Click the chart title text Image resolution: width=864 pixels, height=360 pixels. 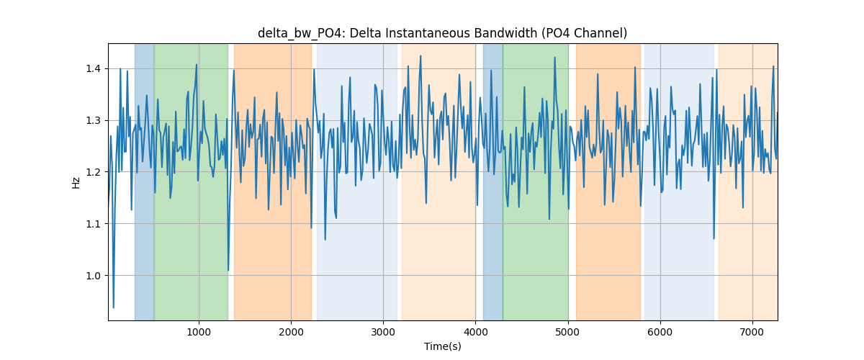tap(442, 33)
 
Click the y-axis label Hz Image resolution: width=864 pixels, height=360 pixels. tap(76, 183)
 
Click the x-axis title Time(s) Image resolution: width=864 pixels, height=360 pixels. tap(442, 346)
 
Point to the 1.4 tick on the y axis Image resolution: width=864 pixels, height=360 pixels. tap(93, 68)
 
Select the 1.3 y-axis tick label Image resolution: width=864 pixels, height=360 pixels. tap(93, 120)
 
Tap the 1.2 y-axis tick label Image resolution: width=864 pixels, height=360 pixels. tap(93, 172)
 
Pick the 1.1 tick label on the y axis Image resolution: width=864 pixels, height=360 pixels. tap(93, 224)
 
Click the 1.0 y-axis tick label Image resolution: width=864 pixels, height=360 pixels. tap(93, 276)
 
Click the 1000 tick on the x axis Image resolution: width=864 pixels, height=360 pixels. tap(199, 332)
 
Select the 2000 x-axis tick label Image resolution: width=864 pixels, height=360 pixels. tap(291, 332)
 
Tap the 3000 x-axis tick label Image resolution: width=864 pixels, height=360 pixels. tap(383, 332)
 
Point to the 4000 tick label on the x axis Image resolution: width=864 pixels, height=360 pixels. tap(476, 332)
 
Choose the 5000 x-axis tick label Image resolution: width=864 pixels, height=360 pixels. tap(568, 332)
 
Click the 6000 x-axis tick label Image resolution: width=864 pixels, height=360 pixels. tap(660, 332)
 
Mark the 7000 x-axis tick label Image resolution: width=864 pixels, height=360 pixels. tap(752, 332)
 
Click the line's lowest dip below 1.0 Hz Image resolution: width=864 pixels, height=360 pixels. tap(114, 307)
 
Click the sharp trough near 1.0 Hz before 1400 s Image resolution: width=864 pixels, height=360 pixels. tap(228, 271)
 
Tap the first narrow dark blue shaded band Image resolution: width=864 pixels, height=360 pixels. tap(144, 181)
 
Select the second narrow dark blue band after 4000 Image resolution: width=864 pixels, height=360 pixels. tap(493, 181)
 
